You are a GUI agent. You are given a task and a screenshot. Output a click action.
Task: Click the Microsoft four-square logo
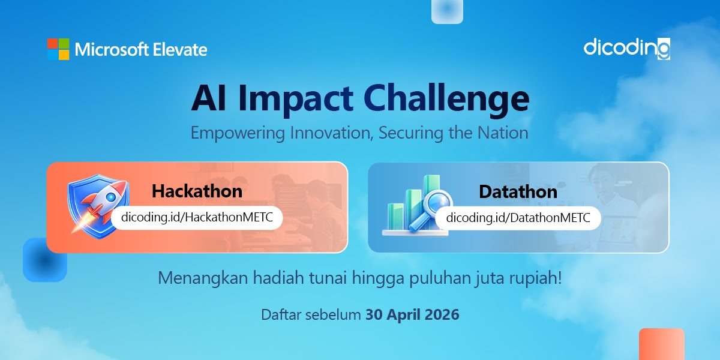pyautogui.click(x=58, y=49)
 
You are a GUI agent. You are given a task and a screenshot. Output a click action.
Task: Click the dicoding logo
pyautogui.click(x=626, y=48)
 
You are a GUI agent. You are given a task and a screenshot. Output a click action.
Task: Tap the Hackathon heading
pyautogui.click(x=197, y=191)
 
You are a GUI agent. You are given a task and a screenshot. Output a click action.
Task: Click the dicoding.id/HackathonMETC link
pyautogui.click(x=197, y=218)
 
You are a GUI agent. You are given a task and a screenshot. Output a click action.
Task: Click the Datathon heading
pyautogui.click(x=518, y=191)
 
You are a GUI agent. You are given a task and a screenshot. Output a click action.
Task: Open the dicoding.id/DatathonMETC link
pyautogui.click(x=518, y=218)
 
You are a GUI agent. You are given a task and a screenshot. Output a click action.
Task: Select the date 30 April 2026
pyautogui.click(x=412, y=314)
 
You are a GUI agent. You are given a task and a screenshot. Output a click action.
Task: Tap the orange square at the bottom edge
pyautogui.click(x=661, y=344)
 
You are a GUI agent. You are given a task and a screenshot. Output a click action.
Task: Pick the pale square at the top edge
pyautogui.click(x=447, y=10)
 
